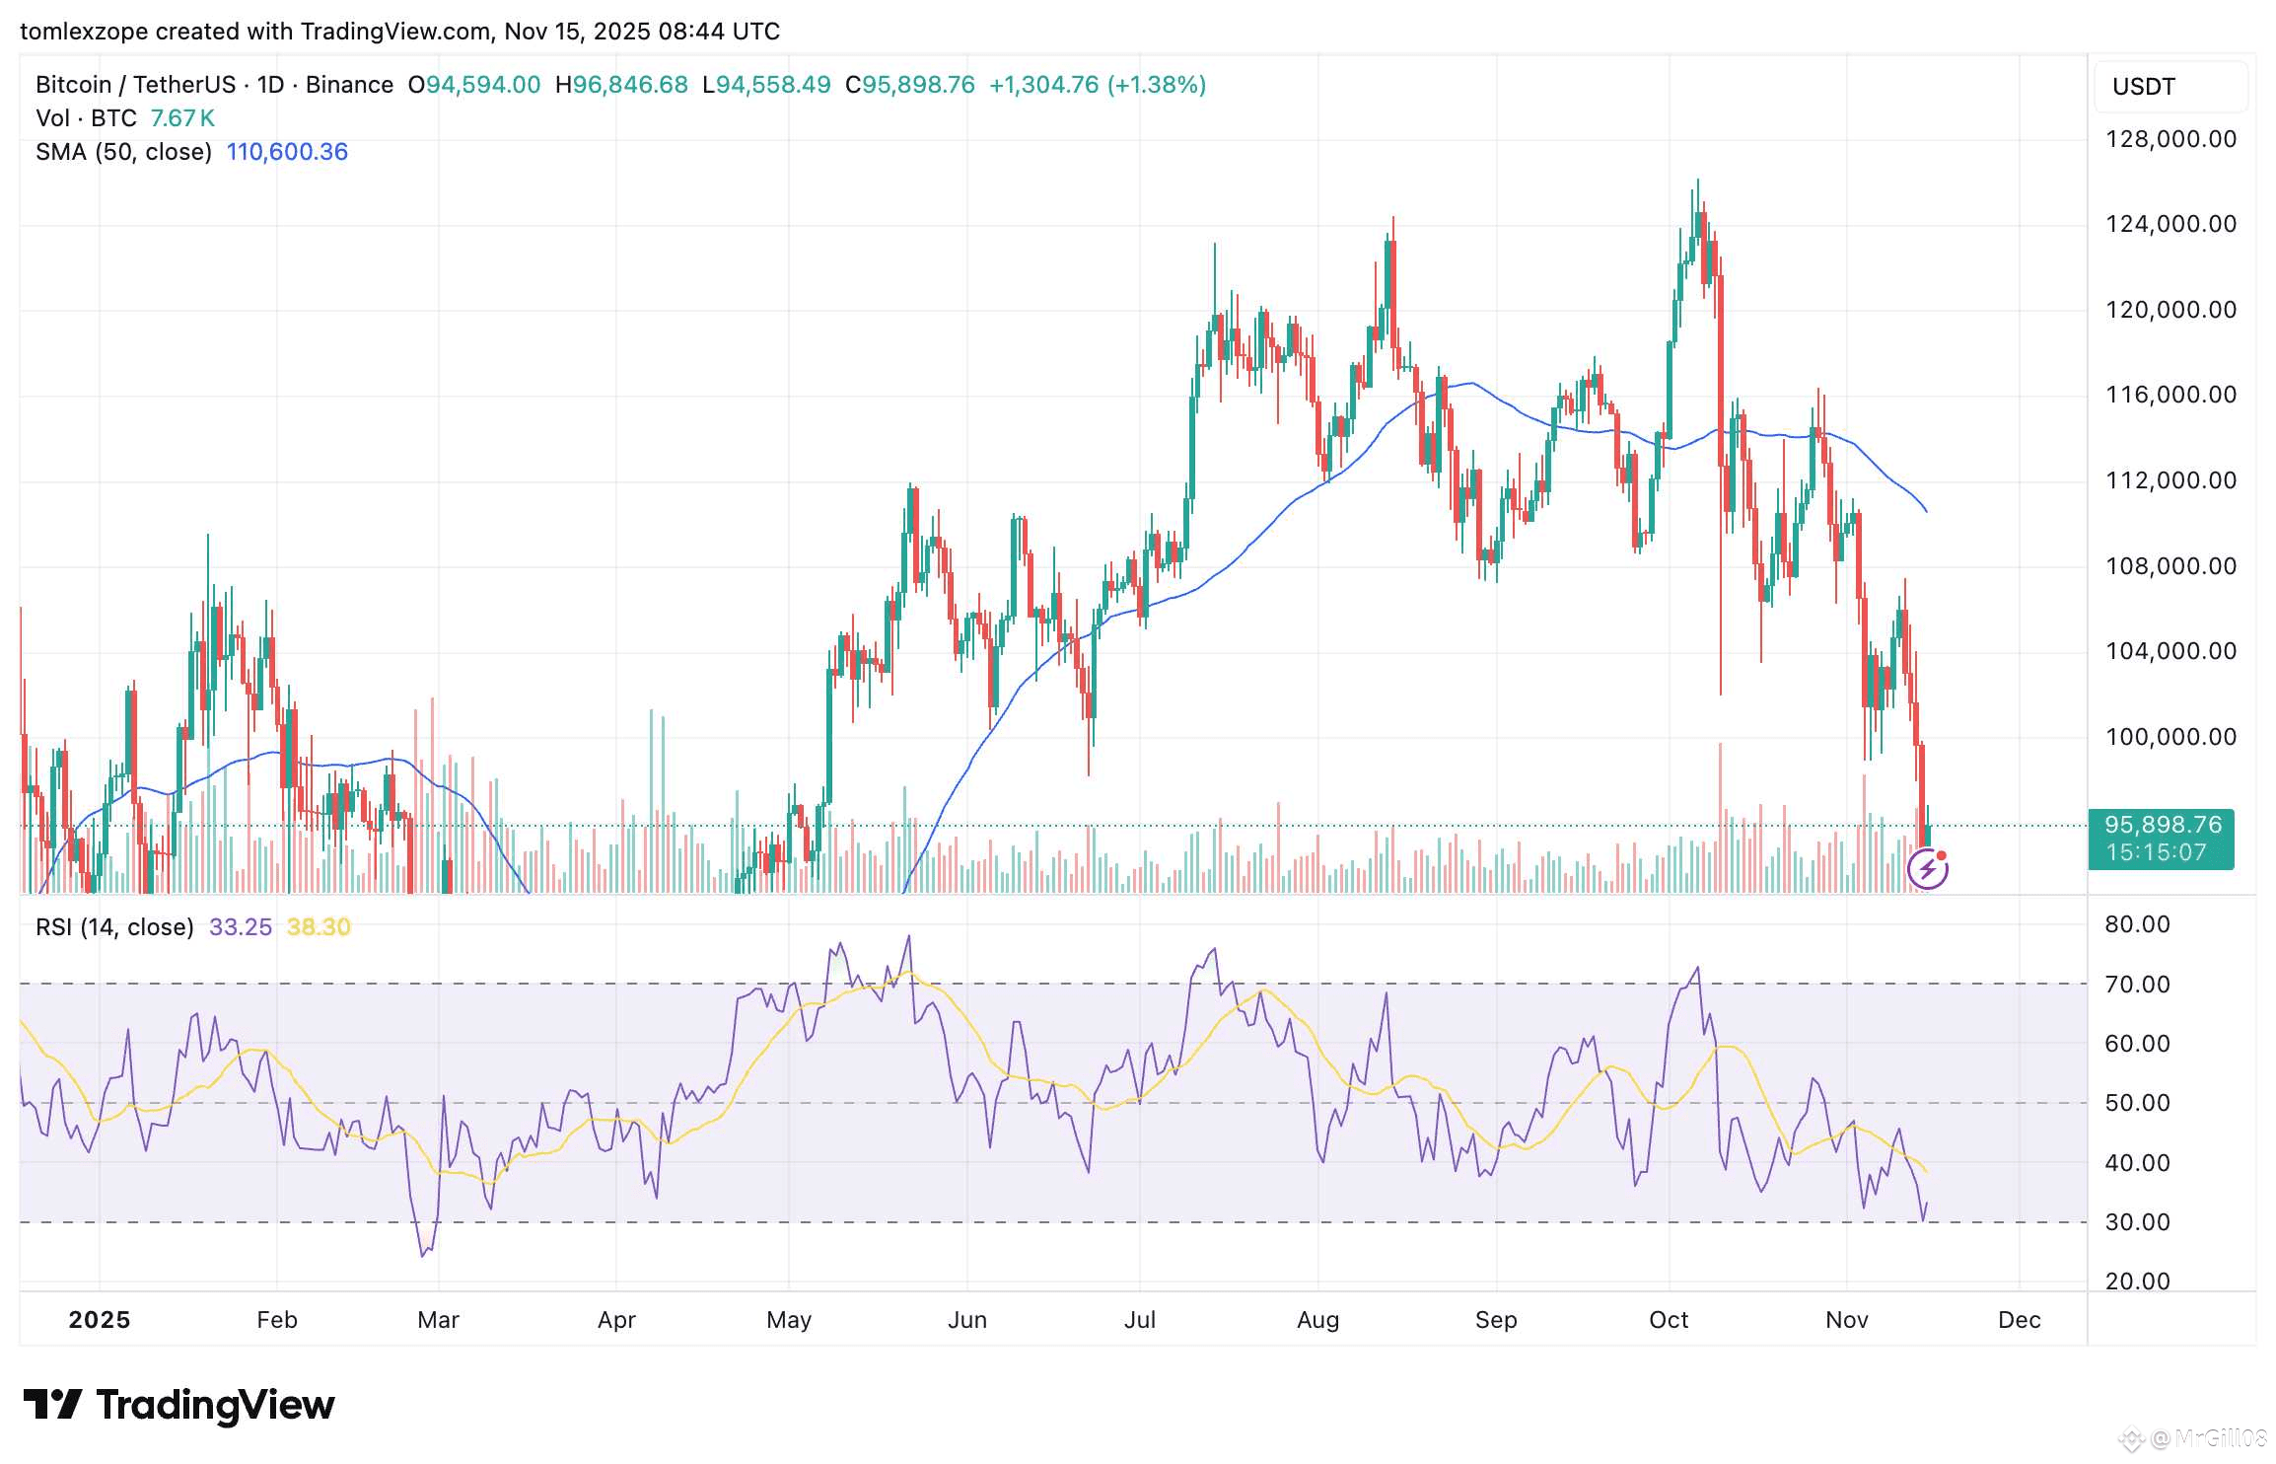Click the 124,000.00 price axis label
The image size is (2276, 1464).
(2170, 224)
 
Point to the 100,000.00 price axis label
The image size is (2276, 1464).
(2170, 737)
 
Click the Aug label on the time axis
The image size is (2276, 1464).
(1317, 1320)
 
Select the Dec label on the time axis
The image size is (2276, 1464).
(2019, 1320)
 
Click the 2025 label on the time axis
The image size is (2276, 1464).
(99, 1320)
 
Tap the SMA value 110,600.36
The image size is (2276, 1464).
(287, 152)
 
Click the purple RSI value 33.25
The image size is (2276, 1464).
(240, 927)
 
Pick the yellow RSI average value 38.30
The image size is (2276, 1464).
(319, 927)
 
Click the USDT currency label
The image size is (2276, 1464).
(2144, 87)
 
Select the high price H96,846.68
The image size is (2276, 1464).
(621, 85)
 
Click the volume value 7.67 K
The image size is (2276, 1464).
(182, 118)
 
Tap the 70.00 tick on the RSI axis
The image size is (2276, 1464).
(2137, 985)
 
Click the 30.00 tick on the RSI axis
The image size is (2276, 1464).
(2137, 1222)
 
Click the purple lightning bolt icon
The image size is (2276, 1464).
(1927, 869)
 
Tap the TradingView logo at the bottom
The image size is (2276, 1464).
(179, 1405)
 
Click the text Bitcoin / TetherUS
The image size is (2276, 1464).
(136, 85)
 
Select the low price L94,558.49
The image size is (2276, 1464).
(766, 85)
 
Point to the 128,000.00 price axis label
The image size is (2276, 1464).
(2170, 139)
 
